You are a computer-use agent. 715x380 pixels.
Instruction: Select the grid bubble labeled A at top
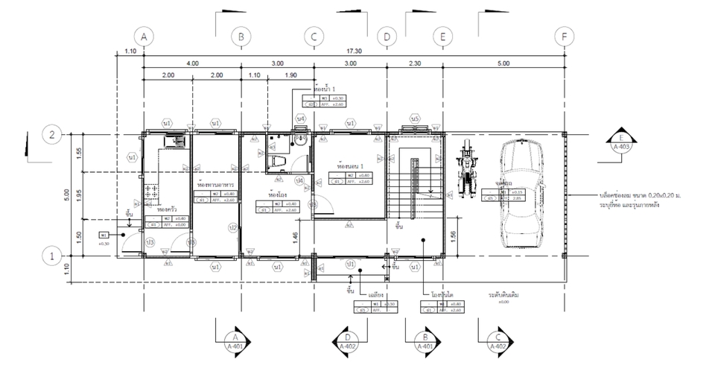pyautogui.click(x=143, y=36)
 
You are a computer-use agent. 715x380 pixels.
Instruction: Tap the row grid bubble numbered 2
pyautogui.click(x=52, y=135)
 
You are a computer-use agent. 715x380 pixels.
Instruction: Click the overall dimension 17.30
pyautogui.click(x=354, y=51)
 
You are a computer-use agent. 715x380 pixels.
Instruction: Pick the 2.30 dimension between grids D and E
pyautogui.click(x=414, y=64)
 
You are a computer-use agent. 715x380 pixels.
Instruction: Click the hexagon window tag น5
pyautogui.click(x=416, y=119)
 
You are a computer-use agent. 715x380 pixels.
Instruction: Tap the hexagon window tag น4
pyautogui.click(x=301, y=118)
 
